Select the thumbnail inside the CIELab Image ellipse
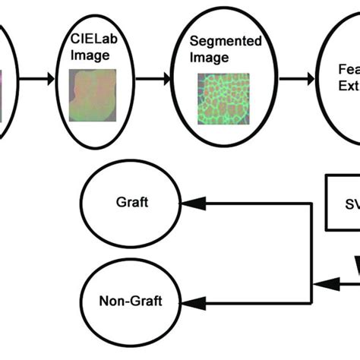tap(93, 96)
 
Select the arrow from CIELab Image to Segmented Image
tap(156, 78)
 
